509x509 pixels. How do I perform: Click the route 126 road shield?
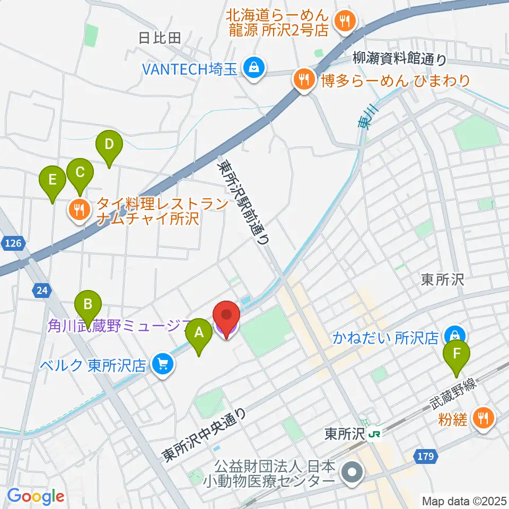[13, 243]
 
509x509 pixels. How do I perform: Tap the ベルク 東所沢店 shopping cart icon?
[162, 364]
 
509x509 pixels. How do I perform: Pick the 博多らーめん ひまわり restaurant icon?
[304, 80]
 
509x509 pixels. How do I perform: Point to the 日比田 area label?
[159, 38]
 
